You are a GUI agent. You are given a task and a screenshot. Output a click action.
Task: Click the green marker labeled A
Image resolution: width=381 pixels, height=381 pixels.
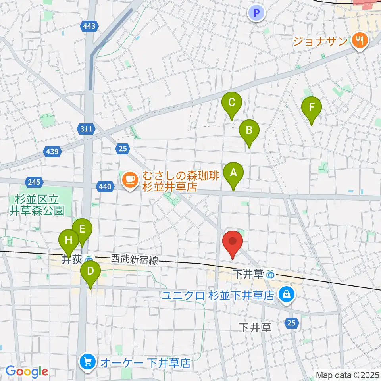(x=233, y=173)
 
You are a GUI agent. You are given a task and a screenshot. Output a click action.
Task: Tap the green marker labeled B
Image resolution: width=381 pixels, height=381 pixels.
(x=249, y=130)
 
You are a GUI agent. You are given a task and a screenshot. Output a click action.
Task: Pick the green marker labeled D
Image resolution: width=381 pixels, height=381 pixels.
(x=90, y=272)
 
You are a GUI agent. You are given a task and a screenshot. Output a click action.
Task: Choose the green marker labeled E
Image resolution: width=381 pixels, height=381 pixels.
(x=82, y=229)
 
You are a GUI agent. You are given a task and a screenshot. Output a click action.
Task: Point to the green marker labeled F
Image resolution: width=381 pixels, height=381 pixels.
(x=312, y=107)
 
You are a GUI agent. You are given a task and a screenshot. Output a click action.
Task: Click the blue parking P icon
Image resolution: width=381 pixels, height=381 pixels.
(x=256, y=13)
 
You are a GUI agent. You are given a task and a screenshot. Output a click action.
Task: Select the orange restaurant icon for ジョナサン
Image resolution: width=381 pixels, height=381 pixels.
(x=360, y=40)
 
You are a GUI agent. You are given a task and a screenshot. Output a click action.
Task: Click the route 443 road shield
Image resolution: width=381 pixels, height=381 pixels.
(x=89, y=26)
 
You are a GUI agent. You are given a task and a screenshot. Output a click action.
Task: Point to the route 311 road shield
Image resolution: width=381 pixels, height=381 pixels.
(x=85, y=129)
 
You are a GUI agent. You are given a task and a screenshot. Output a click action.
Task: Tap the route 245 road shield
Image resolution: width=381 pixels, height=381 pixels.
(x=34, y=182)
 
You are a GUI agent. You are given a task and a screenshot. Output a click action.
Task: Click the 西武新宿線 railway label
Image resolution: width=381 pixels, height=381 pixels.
(x=134, y=260)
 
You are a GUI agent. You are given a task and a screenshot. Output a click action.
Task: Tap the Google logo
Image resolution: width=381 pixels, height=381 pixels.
(x=27, y=372)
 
